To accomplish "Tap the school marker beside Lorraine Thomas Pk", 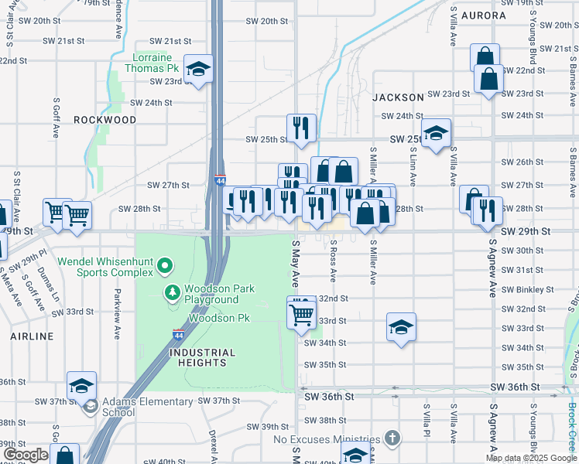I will point(198,70).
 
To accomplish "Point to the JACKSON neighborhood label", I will point(398,97).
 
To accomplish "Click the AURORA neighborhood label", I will point(483,15).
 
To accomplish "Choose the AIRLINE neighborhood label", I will point(32,336).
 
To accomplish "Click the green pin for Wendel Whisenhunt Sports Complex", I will point(164,268).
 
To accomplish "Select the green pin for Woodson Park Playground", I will point(172,292).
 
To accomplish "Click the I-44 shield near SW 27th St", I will point(221,180).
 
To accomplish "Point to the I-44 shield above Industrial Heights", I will point(179,336).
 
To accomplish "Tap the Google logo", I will point(27,455).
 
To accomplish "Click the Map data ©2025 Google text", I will point(530,458).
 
